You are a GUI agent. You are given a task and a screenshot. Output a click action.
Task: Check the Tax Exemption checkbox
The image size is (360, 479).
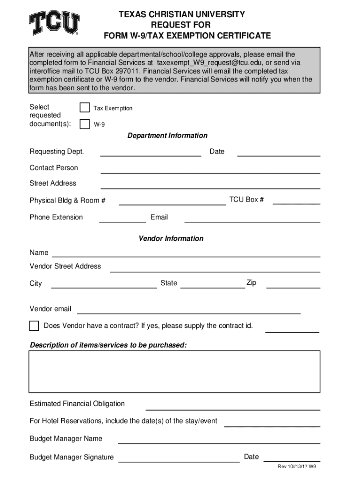click(85, 108)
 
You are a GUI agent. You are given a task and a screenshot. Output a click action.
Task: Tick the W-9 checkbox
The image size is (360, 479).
click(85, 124)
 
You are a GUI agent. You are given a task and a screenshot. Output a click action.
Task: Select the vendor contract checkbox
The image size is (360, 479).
click(34, 326)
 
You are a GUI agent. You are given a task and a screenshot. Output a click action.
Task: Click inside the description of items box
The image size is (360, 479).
click(174, 370)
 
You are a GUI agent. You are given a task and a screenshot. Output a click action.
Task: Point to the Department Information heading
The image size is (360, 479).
click(167, 136)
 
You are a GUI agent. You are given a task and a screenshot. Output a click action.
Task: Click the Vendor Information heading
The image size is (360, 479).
click(171, 239)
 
